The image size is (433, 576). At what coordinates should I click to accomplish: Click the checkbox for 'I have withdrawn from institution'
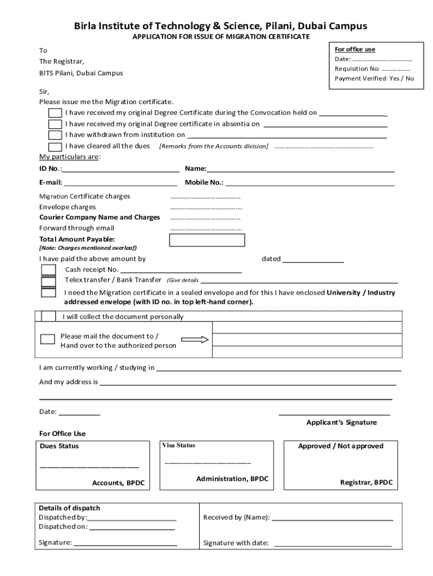[55, 135]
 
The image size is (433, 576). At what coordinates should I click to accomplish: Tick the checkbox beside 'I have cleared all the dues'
[55, 146]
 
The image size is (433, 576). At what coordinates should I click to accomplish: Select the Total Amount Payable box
[207, 240]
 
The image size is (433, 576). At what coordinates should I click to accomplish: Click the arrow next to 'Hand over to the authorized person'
[195, 340]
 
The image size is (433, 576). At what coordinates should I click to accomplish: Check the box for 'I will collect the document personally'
[49, 316]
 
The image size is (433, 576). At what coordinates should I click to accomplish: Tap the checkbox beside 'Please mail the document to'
[48, 339]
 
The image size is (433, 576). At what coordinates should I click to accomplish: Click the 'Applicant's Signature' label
[341, 422]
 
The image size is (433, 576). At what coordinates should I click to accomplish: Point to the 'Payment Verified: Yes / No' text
[374, 78]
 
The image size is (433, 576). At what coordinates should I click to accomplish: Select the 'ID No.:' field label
[51, 169]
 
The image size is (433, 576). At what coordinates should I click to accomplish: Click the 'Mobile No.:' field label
[204, 182]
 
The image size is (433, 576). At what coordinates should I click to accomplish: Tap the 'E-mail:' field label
[51, 182]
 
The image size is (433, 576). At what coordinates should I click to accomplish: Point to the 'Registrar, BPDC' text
[366, 482]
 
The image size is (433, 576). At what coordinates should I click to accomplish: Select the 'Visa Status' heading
[179, 445]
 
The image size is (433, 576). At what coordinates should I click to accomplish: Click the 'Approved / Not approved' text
[341, 446]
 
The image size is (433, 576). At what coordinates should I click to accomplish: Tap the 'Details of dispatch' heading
[69, 508]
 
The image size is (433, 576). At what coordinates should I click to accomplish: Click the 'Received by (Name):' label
[236, 517]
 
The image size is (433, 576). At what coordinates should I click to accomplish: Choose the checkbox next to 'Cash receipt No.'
[48, 270]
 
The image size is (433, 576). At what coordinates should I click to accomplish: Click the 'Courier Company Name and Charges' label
[100, 217]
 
